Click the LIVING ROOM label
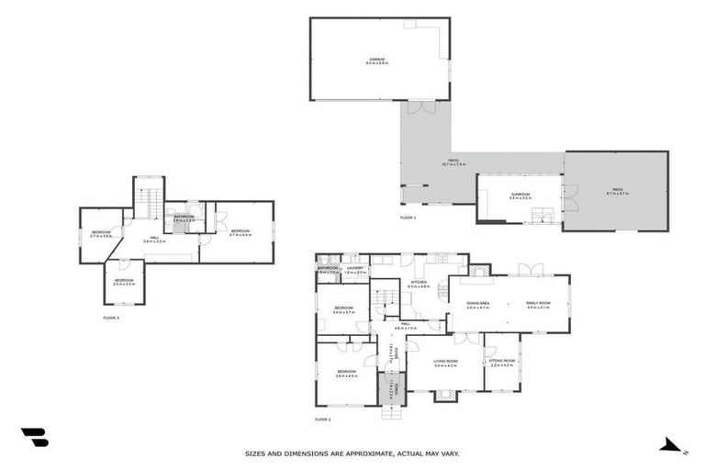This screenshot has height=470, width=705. (x=445, y=364)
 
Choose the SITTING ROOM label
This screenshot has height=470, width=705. (x=502, y=363)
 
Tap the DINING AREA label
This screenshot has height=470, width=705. (x=478, y=306)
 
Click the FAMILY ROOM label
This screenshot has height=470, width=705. (x=538, y=306)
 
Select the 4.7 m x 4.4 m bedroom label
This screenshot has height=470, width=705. (x=241, y=232)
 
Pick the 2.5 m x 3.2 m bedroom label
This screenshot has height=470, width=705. (x=124, y=282)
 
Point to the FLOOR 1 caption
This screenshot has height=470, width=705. (x=408, y=218)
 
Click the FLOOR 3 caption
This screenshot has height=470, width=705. (x=111, y=318)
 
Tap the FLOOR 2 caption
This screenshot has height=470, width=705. (x=322, y=419)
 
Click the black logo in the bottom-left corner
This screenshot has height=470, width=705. (x=34, y=438)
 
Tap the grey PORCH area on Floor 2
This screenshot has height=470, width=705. (x=392, y=388)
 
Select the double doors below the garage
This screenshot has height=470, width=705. (x=421, y=107)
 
